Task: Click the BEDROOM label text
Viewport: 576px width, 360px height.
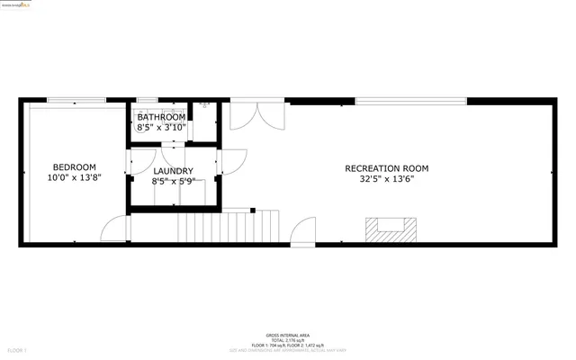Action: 74,166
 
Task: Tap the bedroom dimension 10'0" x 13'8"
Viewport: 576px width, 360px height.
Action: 74,178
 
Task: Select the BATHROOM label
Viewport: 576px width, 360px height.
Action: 161,117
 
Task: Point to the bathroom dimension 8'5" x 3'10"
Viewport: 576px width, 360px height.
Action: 161,128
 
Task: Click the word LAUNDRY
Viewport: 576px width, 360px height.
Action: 173,171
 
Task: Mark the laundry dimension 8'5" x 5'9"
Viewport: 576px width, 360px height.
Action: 173,182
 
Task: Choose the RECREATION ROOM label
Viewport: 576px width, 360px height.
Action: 387,168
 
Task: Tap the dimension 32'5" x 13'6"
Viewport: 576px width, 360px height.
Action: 387,179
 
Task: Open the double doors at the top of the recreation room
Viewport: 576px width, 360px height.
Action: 257,114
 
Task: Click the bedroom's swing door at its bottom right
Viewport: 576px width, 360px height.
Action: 114,230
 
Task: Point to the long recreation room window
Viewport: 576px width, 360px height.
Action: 410,101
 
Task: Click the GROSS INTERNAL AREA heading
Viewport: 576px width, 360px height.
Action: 288,333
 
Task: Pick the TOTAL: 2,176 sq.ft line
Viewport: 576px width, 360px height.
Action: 288,338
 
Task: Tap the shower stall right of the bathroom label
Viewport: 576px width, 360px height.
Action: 204,119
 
